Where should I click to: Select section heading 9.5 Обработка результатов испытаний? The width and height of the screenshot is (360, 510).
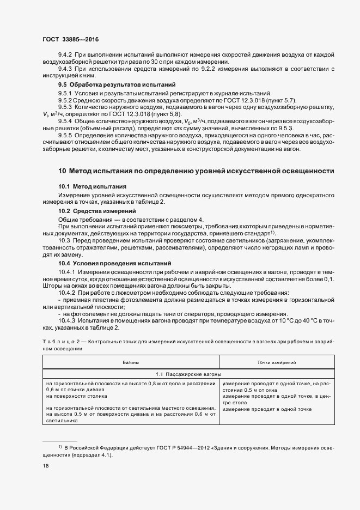click(x=117, y=85)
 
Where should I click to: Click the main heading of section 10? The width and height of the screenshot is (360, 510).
click(x=196, y=171)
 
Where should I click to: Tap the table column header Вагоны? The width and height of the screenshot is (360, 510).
click(x=131, y=362)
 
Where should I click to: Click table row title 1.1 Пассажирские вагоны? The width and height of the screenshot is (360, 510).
click(x=188, y=375)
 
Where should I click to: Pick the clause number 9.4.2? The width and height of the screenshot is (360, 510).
click(x=65, y=55)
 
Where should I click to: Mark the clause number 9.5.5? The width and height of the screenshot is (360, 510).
click(x=65, y=135)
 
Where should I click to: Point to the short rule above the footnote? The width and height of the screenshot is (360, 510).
click(x=60, y=441)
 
